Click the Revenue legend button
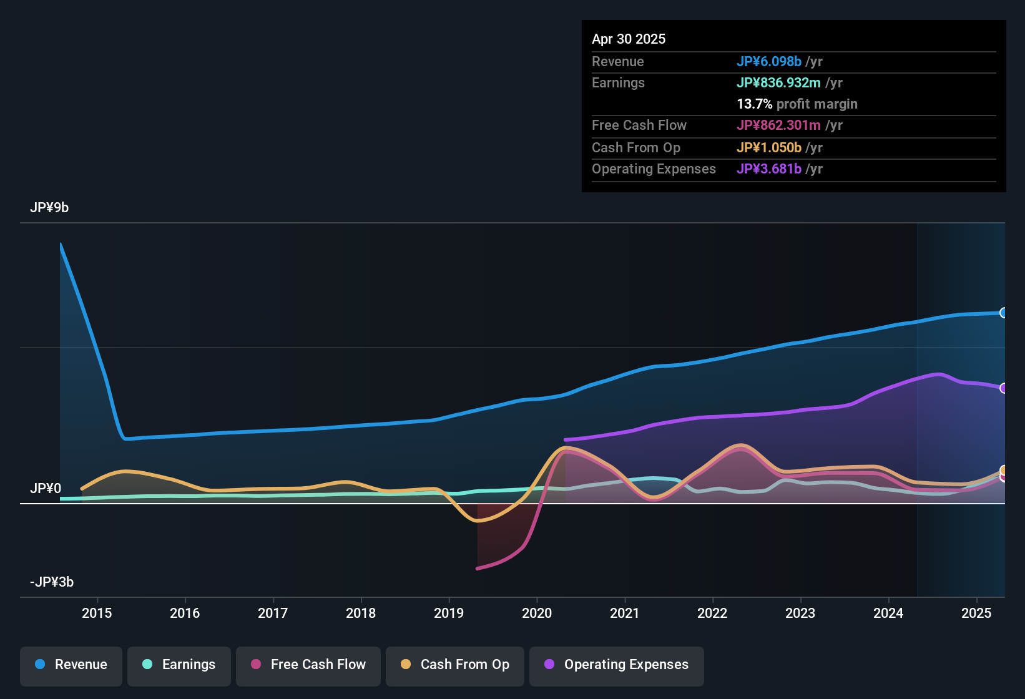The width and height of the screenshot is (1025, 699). point(71,665)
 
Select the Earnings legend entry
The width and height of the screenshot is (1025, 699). point(179,665)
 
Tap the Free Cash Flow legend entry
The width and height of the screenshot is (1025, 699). point(308,665)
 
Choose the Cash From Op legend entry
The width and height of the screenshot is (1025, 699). point(454,665)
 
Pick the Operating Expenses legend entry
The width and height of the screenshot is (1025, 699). point(616,665)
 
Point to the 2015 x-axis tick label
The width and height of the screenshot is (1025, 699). point(97,613)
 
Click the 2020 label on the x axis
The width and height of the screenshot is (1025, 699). point(537,613)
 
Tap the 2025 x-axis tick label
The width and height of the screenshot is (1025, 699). point(976,613)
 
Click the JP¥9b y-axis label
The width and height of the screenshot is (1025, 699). point(49,208)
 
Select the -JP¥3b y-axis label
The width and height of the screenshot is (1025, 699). point(52,582)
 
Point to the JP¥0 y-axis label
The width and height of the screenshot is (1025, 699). point(46,489)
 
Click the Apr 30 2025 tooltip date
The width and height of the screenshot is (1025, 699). point(629,39)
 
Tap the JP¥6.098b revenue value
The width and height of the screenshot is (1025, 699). point(768,62)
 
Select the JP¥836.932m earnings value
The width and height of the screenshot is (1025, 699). point(778,83)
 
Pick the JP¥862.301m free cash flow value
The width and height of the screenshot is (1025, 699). point(778,125)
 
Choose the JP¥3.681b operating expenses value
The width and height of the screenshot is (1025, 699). point(768,169)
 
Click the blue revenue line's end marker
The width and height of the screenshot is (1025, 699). point(1003,313)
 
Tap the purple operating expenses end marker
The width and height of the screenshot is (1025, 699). point(1003,388)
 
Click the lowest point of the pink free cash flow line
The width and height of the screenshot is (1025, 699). point(478,568)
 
